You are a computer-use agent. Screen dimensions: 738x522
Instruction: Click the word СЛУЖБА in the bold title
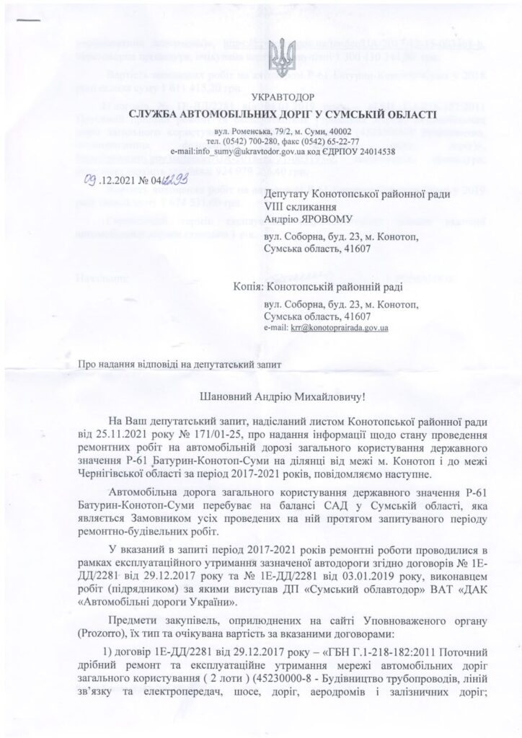[155, 115]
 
